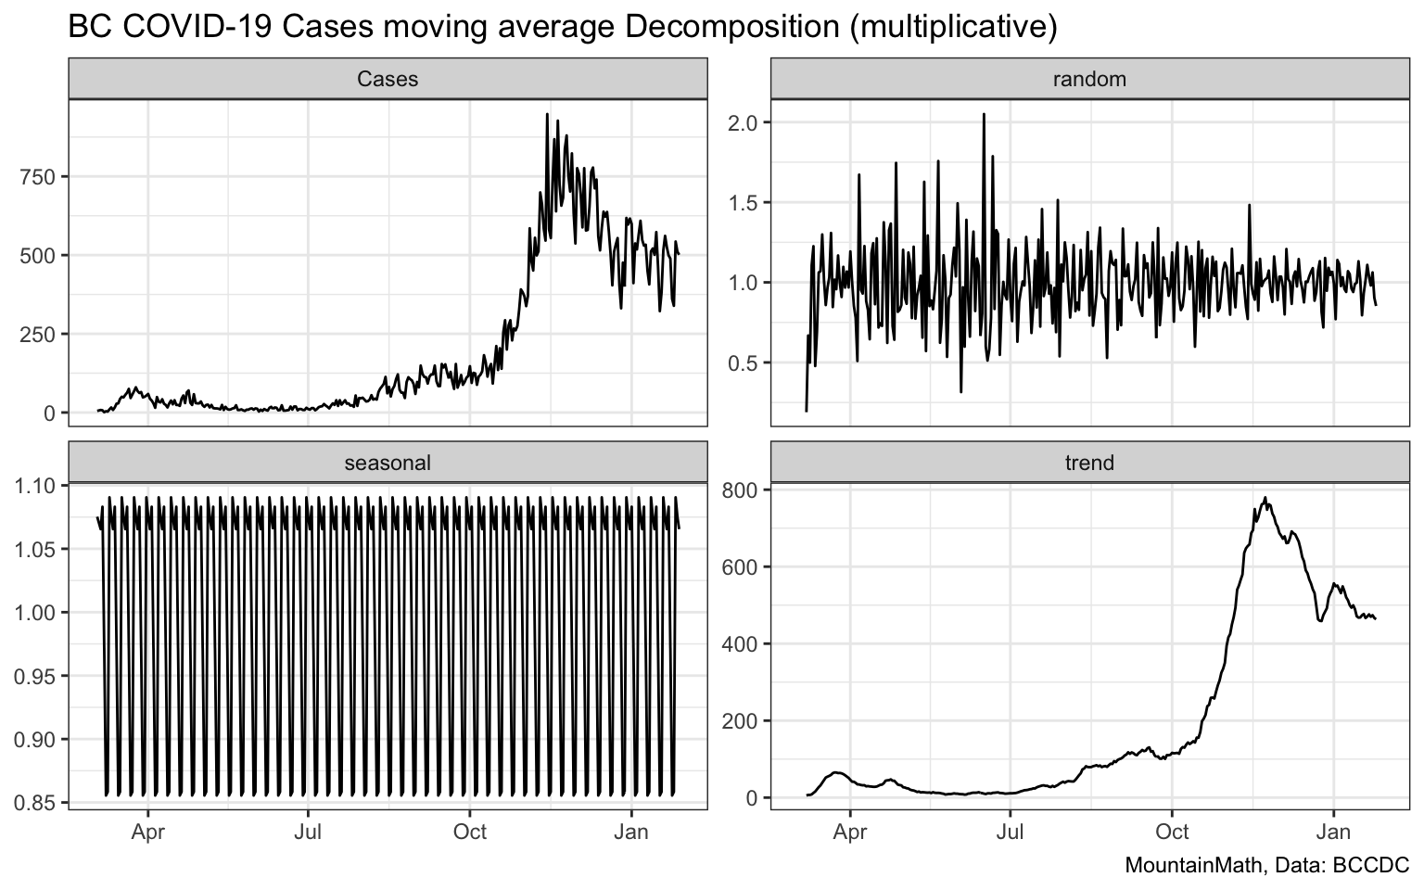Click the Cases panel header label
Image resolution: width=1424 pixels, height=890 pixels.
(388, 80)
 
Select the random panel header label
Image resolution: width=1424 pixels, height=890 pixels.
(1089, 80)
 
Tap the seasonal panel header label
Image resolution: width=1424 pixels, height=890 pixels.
(388, 463)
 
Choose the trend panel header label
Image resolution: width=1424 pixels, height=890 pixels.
(1089, 463)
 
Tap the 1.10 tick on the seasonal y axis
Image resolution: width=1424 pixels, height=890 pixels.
(33, 486)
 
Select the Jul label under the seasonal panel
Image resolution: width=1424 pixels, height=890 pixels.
(308, 833)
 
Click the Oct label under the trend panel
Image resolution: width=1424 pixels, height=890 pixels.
(1172, 833)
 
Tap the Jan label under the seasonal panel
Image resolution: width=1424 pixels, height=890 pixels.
(631, 833)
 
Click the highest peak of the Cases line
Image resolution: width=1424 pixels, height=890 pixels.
(547, 115)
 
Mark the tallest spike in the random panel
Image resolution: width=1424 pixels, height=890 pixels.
(984, 114)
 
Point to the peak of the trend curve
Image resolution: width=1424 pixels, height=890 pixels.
(1265, 498)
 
